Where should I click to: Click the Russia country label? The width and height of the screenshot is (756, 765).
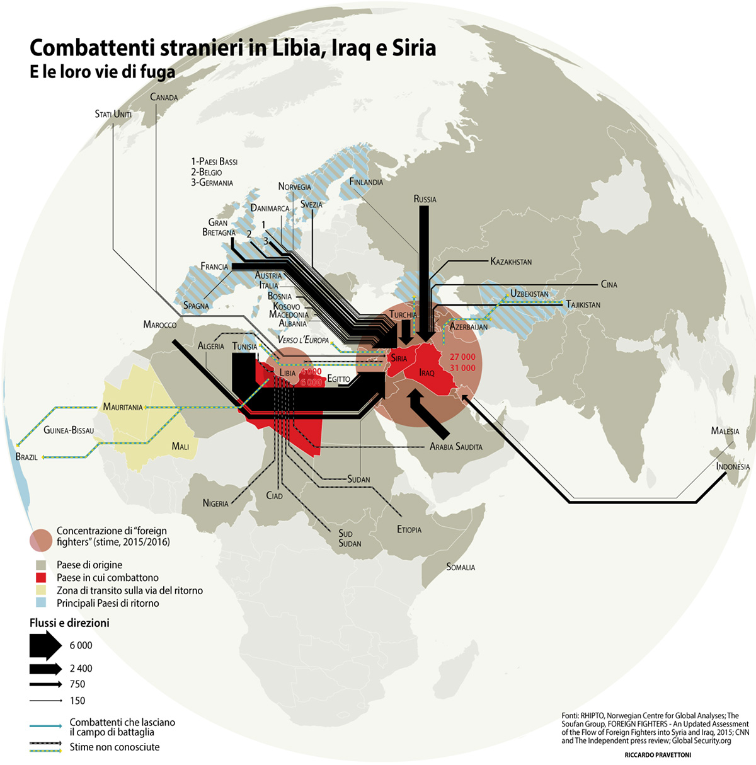(x=425, y=199)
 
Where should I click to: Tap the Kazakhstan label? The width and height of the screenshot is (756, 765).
(x=511, y=262)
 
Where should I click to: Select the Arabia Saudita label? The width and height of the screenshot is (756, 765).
(x=455, y=447)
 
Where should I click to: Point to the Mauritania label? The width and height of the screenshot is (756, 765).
(x=123, y=407)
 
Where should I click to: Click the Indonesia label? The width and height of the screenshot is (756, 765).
(x=733, y=467)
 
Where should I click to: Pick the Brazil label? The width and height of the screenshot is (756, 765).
(x=26, y=457)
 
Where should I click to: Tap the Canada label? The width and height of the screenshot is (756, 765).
(x=164, y=98)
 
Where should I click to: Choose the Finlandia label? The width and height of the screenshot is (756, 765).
(x=366, y=182)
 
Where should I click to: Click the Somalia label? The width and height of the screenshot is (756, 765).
(x=461, y=567)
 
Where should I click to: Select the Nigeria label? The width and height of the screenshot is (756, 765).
(x=215, y=503)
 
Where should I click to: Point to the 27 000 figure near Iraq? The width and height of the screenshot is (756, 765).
(x=462, y=357)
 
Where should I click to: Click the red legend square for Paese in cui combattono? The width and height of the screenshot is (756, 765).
(x=42, y=578)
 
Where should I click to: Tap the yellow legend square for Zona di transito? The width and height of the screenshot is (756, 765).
(x=42, y=590)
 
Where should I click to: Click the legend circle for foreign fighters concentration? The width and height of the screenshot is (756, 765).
(x=41, y=541)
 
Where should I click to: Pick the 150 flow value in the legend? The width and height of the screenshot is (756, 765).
(x=77, y=701)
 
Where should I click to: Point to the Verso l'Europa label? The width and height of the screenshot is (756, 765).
(x=303, y=340)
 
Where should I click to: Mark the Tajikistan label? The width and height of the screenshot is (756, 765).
(x=583, y=305)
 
